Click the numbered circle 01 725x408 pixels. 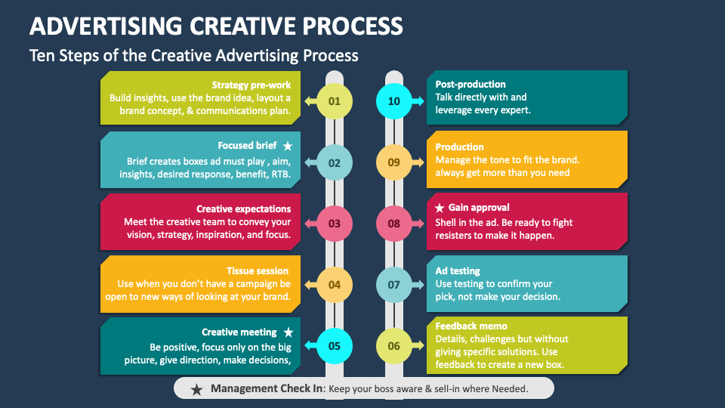(335, 101)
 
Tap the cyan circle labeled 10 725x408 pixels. (394, 101)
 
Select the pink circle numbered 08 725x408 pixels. (394, 224)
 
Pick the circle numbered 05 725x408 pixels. (335, 346)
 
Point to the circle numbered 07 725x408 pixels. (394, 285)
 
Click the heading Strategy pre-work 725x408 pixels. (251, 85)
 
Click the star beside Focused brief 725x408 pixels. (287, 146)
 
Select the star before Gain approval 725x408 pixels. (439, 207)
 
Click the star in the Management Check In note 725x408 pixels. (196, 389)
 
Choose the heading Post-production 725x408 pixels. (470, 85)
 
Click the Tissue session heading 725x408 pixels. (258, 270)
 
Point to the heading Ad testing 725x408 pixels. (458, 270)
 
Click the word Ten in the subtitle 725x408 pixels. (42, 55)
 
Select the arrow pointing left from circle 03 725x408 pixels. (308, 223)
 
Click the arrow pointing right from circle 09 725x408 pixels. (418, 162)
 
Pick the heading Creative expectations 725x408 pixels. (243, 209)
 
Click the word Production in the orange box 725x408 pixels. (459, 147)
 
